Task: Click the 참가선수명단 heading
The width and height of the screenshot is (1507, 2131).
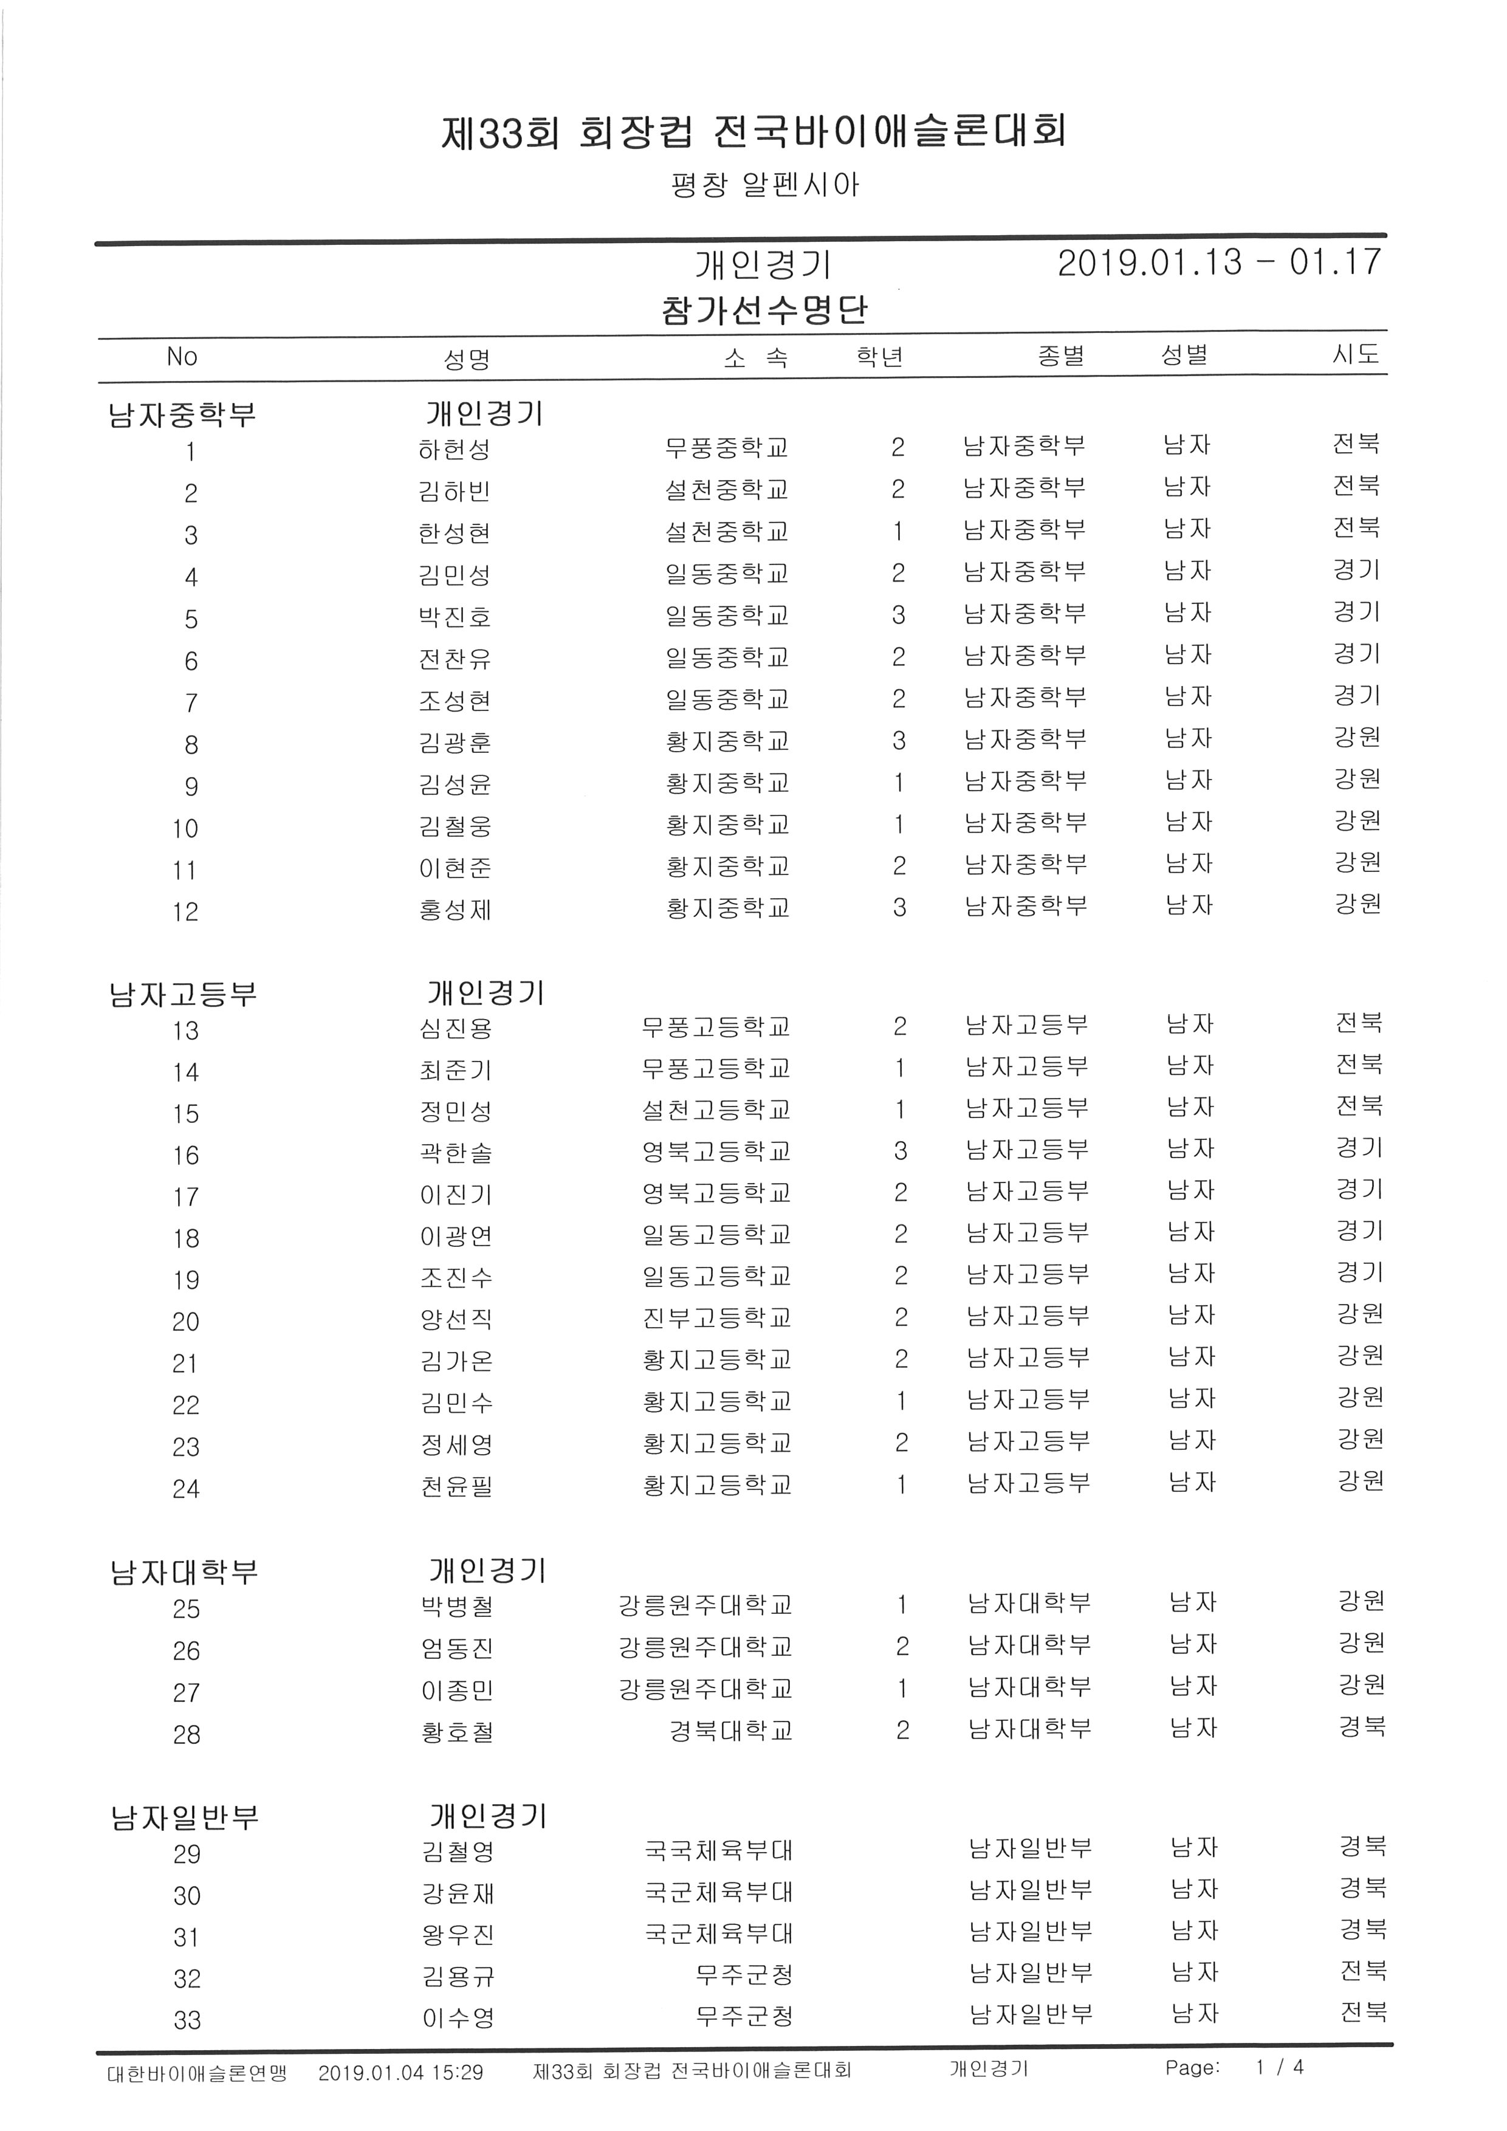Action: coord(764,310)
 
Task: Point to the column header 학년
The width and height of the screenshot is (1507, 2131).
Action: coord(880,357)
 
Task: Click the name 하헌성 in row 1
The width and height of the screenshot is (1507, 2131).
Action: coord(454,450)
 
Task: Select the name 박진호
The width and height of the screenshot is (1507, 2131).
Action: coord(454,617)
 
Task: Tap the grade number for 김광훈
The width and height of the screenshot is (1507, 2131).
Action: coord(898,741)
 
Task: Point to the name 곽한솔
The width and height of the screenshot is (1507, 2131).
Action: coord(456,1153)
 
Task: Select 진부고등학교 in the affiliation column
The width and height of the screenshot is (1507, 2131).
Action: coord(716,1318)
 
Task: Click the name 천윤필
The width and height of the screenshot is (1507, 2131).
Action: coord(456,1486)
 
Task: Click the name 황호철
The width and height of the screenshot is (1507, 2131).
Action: coord(456,1732)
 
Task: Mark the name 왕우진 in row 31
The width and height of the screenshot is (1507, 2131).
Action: coord(458,1935)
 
